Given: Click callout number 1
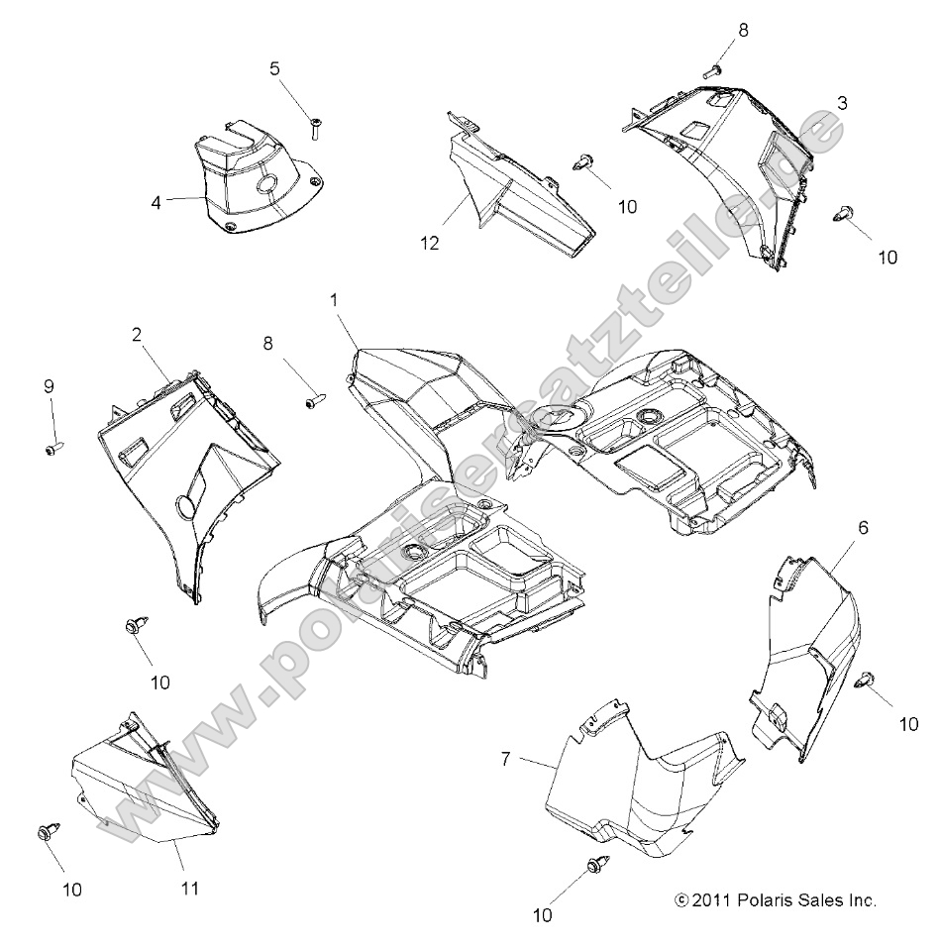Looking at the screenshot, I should pos(335,298).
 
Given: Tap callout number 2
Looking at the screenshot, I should pos(136,335).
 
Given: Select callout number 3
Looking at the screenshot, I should pos(841,103).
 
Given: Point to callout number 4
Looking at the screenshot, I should pos(156,202).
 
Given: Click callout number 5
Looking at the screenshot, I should pos(274,68).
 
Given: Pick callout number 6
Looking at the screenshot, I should pos(863,528).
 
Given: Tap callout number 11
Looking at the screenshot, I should pos(190,888).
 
